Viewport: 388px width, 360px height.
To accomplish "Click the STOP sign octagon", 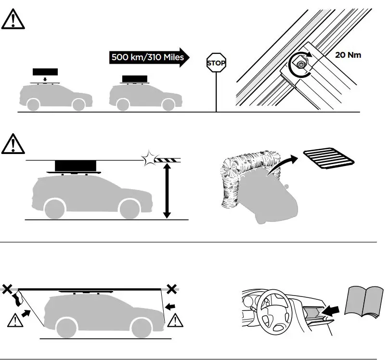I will pos(216,63).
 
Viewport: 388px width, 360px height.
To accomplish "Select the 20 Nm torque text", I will pos(348,55).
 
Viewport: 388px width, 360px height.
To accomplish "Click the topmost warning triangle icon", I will pos(13,21).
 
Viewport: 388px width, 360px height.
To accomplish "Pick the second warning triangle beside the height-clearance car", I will pos(13,145).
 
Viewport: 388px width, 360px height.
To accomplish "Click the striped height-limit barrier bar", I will pos(168,159).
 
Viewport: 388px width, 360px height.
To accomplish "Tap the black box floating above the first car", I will pos(45,72).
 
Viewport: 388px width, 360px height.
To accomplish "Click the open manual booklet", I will pos(364,301).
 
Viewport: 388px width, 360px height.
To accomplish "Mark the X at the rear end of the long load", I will pos(7,289).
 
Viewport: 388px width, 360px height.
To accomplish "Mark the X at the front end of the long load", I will pos(171,289).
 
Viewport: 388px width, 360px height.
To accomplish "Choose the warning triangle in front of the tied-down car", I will pos(176,319).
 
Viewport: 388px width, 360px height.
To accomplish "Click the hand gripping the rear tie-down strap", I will pos(19,298).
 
